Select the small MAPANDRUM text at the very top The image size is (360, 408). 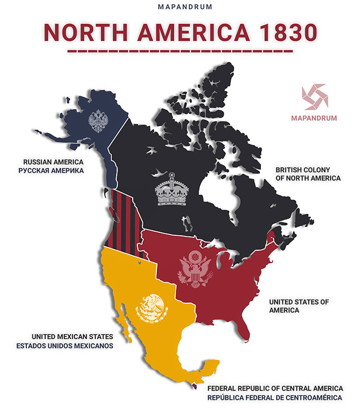tap(179, 8)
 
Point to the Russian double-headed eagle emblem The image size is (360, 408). tap(97, 121)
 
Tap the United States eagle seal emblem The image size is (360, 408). tap(195, 268)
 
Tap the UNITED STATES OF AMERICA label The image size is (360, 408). tap(299, 306)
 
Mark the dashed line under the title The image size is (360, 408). tap(179, 51)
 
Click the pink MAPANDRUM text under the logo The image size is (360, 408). tap(314, 118)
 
